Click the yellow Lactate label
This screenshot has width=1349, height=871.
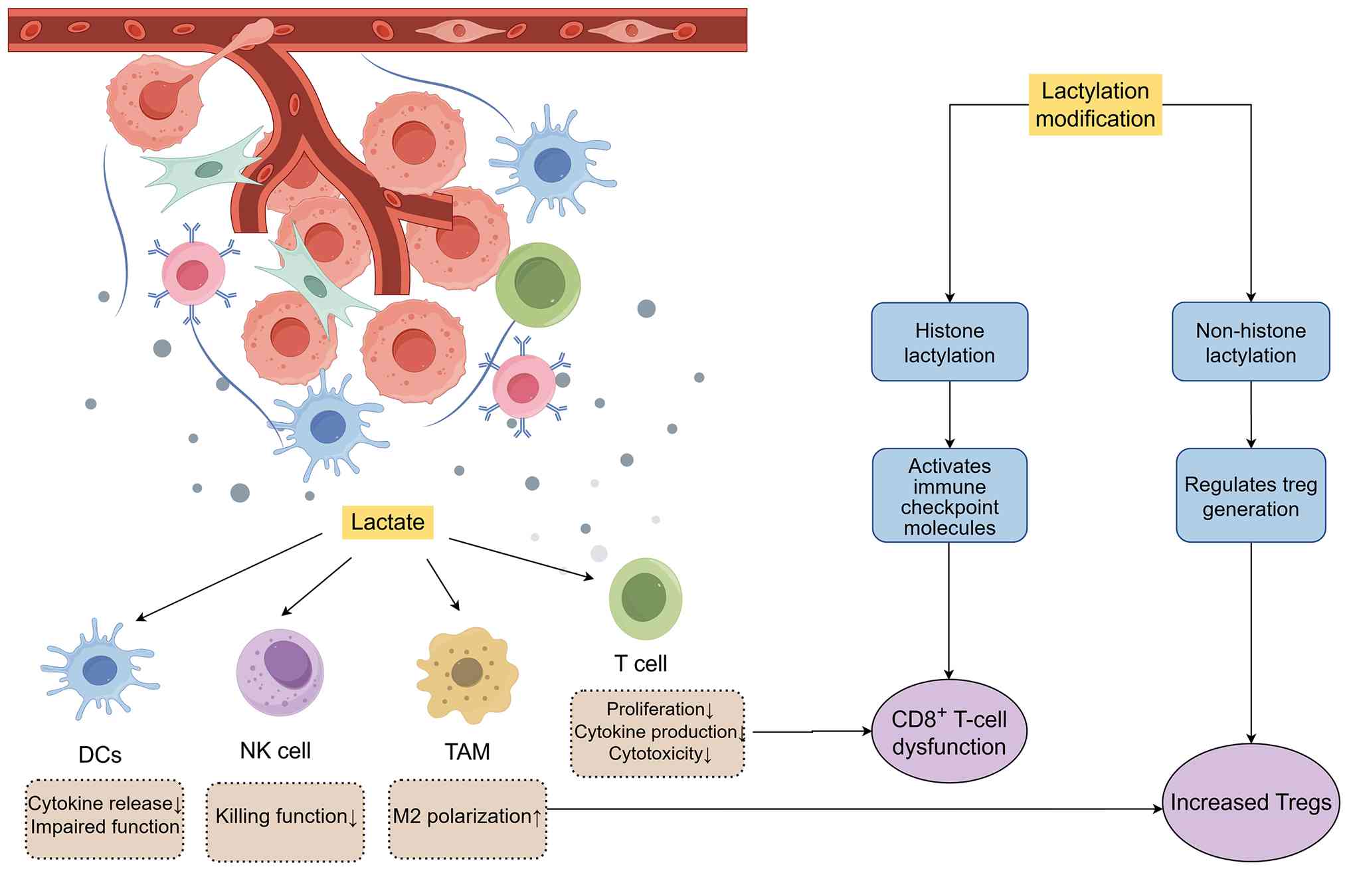[387, 522]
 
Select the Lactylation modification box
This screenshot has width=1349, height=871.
[1095, 105]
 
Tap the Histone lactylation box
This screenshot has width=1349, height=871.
[949, 342]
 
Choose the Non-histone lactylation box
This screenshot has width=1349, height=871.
[1250, 342]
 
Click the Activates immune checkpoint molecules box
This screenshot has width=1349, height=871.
[949, 496]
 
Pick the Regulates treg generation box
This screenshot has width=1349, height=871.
[1250, 496]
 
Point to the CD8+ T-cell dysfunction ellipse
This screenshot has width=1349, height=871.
[948, 731]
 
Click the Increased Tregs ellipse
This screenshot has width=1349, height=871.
[1250, 803]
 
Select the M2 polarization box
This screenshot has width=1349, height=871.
[467, 818]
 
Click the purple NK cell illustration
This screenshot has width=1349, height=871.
[280, 672]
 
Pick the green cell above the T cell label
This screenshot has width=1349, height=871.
[645, 598]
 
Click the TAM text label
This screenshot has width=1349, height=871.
[467, 751]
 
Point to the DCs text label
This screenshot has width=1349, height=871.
[100, 755]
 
